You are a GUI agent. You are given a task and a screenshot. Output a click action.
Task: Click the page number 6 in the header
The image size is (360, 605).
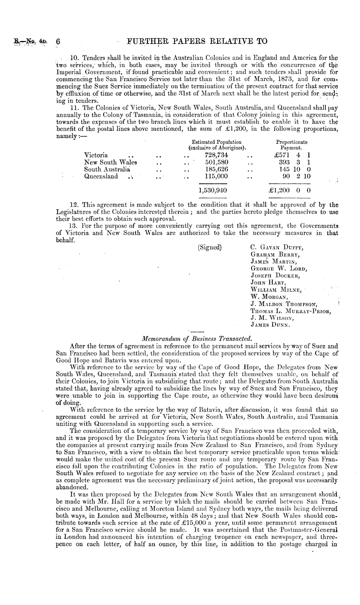point(58,41)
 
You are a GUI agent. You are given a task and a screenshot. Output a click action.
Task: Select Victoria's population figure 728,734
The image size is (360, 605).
point(217,155)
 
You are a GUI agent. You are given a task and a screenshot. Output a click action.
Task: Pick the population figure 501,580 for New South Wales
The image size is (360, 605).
point(217,162)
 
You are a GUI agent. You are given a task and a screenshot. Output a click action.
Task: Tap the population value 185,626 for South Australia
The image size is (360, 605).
point(217,169)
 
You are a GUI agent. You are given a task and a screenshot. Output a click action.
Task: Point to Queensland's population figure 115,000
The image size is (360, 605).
point(217,176)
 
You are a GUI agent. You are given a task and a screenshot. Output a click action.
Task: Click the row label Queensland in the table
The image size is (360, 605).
point(101,176)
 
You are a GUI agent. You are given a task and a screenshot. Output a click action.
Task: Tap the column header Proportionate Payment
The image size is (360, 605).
point(291,145)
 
